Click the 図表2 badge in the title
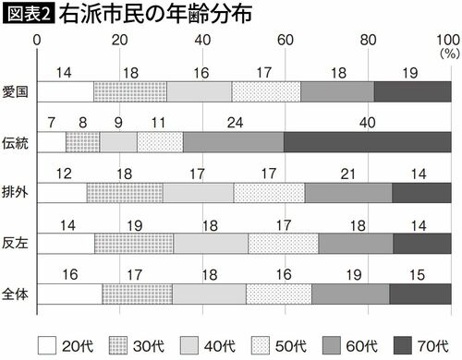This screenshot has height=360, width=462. [28, 15]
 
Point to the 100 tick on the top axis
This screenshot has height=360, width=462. [446, 40]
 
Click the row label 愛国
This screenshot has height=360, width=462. [16, 91]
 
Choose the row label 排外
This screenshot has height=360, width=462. [16, 192]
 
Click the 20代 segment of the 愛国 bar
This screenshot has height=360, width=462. [66, 91]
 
